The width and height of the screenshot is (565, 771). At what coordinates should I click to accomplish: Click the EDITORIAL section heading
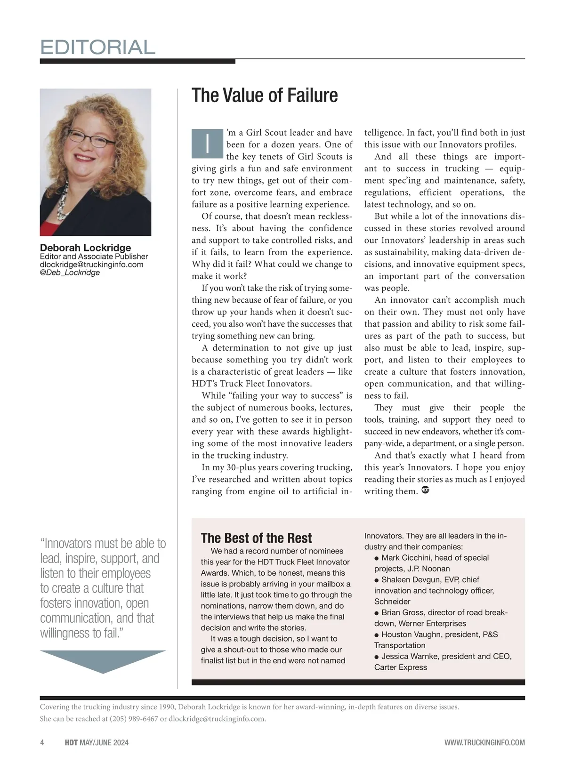click(97, 47)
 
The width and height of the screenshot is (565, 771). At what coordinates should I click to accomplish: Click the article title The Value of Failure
click(265, 95)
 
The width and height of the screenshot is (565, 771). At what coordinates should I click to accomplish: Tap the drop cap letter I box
click(207, 143)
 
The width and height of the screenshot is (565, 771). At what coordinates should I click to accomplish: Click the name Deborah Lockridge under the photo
click(85, 248)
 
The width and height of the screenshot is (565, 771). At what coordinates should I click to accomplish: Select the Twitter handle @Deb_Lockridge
click(70, 273)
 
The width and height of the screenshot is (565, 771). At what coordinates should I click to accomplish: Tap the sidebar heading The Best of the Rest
click(256, 538)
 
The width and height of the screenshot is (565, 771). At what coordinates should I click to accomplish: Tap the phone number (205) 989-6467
click(134, 719)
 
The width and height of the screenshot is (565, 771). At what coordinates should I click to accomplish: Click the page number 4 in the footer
click(42, 743)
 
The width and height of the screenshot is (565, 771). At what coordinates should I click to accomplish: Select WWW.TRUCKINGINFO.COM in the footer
click(484, 743)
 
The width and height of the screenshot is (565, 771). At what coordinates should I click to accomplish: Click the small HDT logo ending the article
click(425, 490)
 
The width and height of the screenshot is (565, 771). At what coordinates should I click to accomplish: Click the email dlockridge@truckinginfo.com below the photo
click(91, 265)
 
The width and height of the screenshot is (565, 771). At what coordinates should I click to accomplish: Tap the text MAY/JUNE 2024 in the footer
click(104, 743)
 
